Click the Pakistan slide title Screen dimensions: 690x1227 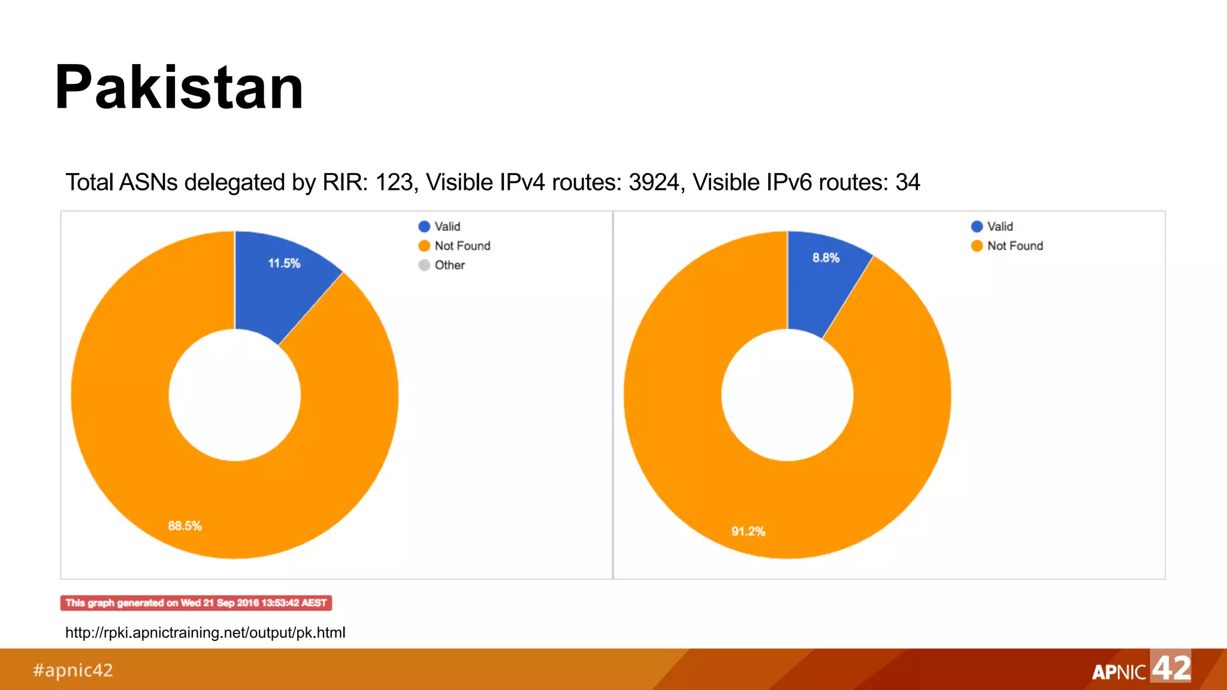(x=179, y=88)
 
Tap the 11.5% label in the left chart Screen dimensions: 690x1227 (x=284, y=264)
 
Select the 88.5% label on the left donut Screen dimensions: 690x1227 (x=185, y=526)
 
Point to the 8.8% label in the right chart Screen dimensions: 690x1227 (x=826, y=258)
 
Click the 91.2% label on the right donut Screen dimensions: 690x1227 (x=748, y=531)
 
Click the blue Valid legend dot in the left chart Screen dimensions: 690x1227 (x=424, y=226)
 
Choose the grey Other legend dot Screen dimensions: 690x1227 (x=424, y=265)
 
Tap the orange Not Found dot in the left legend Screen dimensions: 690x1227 (x=424, y=246)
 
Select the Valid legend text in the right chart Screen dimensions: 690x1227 (x=1000, y=226)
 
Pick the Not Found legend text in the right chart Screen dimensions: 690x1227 (x=1015, y=246)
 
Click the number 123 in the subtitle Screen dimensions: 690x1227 (x=394, y=183)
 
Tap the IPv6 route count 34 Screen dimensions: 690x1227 (x=908, y=183)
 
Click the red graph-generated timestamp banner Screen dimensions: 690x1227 (x=196, y=603)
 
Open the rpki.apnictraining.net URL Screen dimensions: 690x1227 (x=205, y=632)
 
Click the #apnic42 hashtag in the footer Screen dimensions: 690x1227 (x=72, y=670)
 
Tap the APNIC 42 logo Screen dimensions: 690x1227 (x=1141, y=668)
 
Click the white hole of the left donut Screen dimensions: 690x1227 (x=235, y=395)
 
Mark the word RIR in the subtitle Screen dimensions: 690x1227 (x=344, y=183)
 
